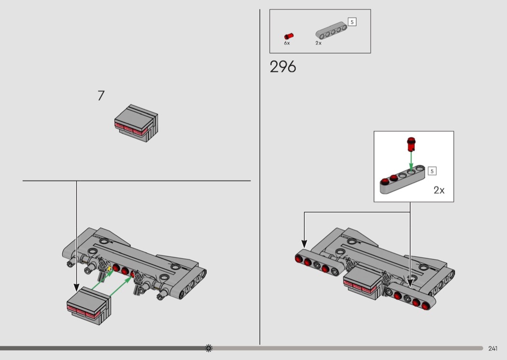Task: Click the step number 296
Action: pos(282,67)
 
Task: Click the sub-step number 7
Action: pos(101,96)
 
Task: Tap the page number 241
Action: pos(493,348)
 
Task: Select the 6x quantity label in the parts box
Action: pos(287,43)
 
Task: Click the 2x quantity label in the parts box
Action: pos(319,43)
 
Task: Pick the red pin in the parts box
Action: pos(289,36)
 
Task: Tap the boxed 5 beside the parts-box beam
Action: pos(352,22)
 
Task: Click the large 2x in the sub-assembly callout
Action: pos(439,190)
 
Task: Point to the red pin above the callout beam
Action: pos(411,144)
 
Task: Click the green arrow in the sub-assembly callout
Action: pos(411,161)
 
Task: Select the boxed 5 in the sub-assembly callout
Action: pos(432,171)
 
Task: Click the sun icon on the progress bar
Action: pos(209,348)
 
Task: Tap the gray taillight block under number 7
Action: pos(136,123)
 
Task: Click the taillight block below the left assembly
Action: pos(89,305)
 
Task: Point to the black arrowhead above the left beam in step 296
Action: pos(304,244)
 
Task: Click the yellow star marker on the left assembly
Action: pos(109,268)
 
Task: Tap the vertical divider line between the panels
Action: pos(260,177)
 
